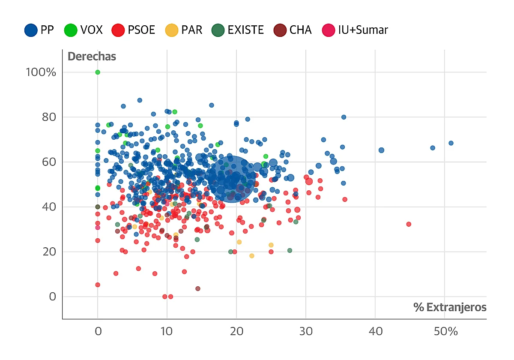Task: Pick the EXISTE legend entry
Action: [238, 30]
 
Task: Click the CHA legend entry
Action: [293, 30]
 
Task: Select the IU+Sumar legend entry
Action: [355, 30]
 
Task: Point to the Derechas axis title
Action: [92, 57]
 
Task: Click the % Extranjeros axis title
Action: [450, 307]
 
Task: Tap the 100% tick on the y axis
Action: [41, 72]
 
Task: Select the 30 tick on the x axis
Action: [305, 332]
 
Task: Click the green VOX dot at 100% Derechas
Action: [98, 72]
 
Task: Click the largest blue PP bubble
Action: [232, 178]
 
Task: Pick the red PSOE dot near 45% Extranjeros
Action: [409, 224]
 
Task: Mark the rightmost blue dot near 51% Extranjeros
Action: [451, 143]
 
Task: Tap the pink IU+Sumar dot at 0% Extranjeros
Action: [98, 228]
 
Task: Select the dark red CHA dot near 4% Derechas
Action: [198, 288]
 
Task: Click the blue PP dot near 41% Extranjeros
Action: [381, 150]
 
